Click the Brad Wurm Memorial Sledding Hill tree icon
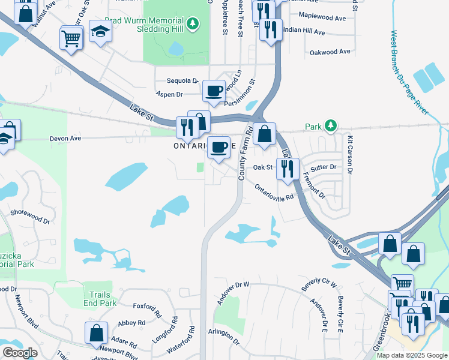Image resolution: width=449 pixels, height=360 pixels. click(x=192, y=24)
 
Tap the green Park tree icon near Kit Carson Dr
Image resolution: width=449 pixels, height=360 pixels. click(x=330, y=125)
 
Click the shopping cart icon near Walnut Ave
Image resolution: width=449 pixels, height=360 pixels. click(x=71, y=39)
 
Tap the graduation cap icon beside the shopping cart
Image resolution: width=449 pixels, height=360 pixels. click(x=100, y=32)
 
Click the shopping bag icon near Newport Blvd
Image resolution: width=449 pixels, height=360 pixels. click(x=96, y=333)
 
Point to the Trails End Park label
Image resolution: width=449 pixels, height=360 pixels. click(x=99, y=299)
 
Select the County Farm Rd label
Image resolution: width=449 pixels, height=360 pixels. click(x=246, y=152)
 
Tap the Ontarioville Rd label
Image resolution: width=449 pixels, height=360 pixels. click(x=274, y=192)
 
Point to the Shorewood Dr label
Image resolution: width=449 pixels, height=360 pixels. click(x=30, y=217)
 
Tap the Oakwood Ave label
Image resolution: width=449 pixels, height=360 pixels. click(x=330, y=52)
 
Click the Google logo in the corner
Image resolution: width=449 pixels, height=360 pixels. click(x=20, y=353)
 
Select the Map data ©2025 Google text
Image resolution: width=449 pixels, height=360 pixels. click(x=412, y=355)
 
